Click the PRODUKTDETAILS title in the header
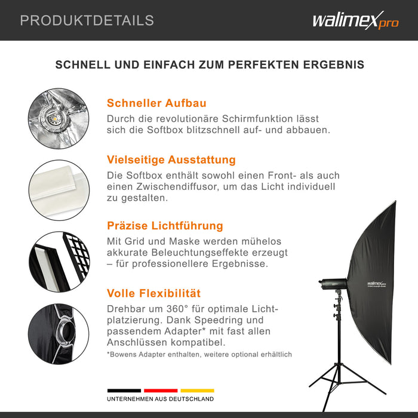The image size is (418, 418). (x=87, y=20)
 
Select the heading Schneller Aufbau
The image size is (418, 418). (x=156, y=103)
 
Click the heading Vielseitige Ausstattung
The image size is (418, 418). (x=171, y=160)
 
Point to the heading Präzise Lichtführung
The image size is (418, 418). (x=165, y=226)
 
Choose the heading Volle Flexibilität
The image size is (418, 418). (x=153, y=293)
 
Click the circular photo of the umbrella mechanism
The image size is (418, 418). (x=59, y=118)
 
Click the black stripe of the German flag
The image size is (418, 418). (x=124, y=391)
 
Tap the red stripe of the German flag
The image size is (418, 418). (x=161, y=391)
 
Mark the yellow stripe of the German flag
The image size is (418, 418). (x=196, y=391)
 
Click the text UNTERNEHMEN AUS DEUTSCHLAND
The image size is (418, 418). (x=160, y=399)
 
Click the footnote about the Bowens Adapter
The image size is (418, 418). (x=199, y=355)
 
